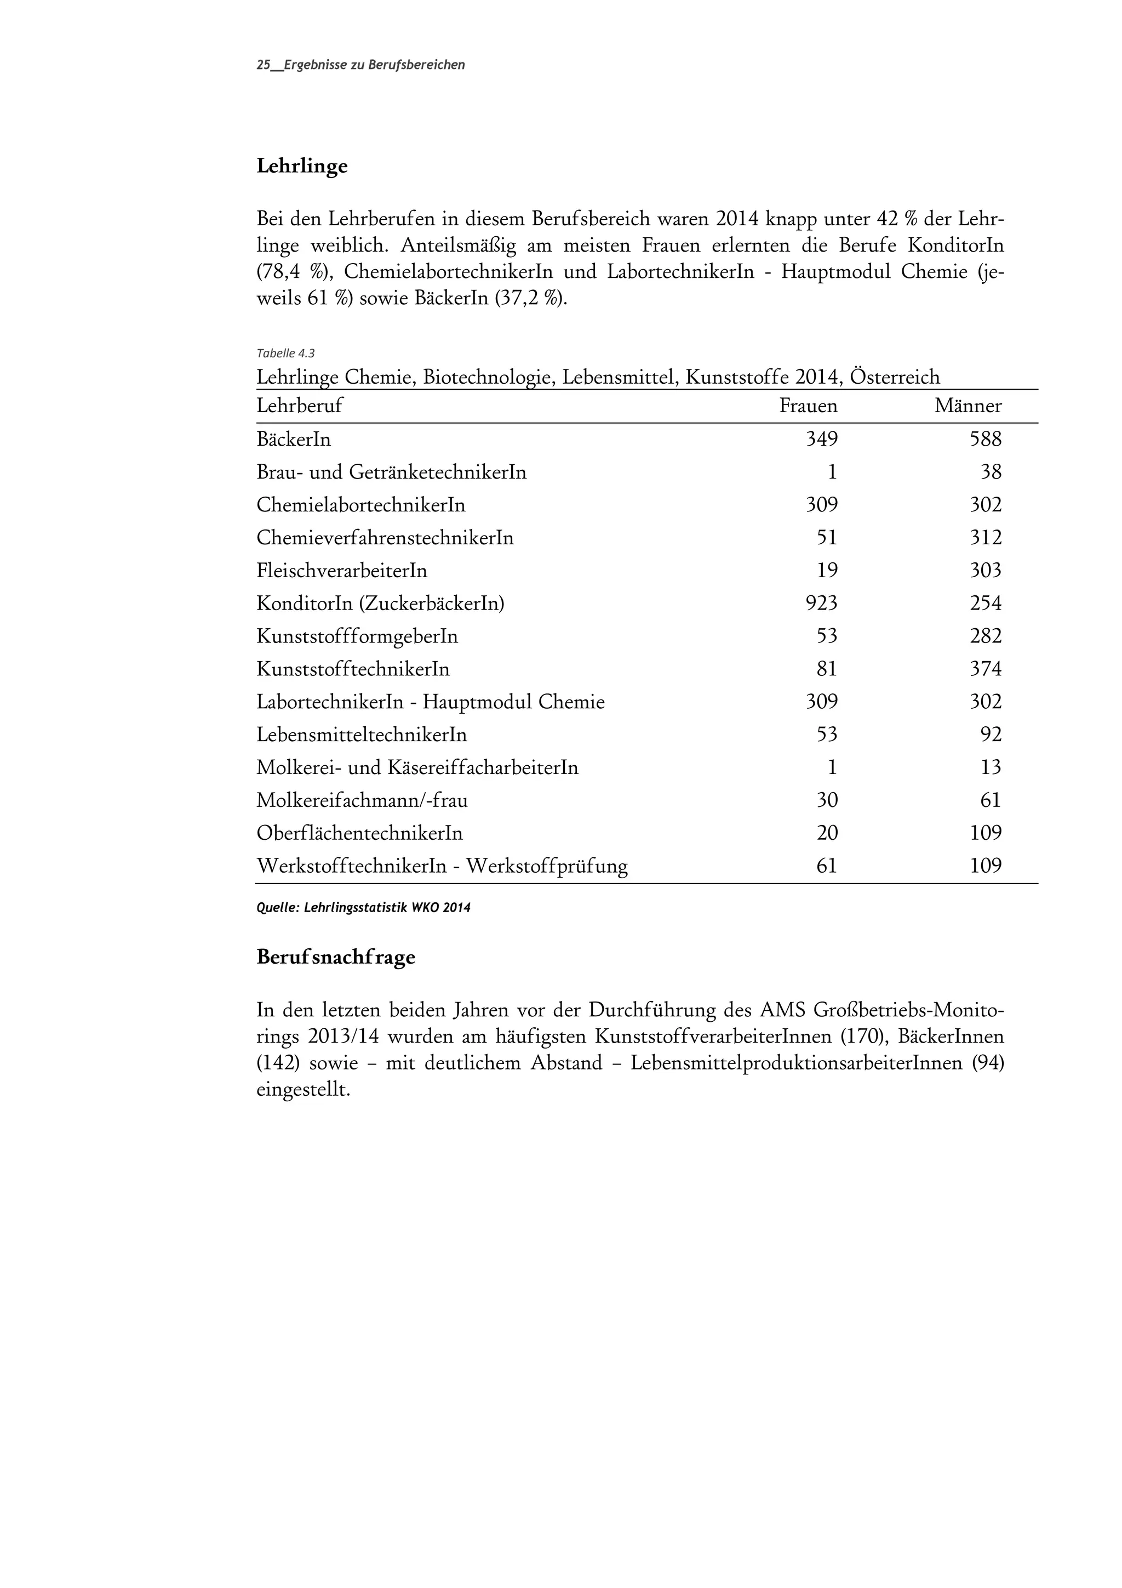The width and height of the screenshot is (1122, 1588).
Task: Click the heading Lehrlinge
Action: point(301,167)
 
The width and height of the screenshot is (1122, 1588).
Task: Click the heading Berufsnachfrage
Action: point(335,957)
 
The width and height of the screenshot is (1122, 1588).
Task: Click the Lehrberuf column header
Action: point(299,406)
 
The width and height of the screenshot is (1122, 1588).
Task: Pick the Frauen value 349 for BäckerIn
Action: point(821,439)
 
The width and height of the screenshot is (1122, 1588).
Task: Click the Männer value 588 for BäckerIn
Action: point(985,439)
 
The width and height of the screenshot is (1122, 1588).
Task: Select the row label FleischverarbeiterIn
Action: point(341,571)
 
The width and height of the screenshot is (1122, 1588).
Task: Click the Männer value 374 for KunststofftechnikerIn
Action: point(985,669)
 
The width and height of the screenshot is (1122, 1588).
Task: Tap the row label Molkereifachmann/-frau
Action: point(362,800)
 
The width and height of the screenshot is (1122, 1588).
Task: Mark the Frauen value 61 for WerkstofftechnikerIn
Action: point(827,866)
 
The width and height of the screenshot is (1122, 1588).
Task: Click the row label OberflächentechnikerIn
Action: point(359,833)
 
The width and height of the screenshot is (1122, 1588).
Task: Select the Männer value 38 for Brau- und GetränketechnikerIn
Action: point(991,473)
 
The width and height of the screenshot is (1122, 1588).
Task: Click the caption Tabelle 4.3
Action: point(285,354)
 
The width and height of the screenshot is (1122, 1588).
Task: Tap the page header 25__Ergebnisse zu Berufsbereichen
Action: point(360,65)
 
